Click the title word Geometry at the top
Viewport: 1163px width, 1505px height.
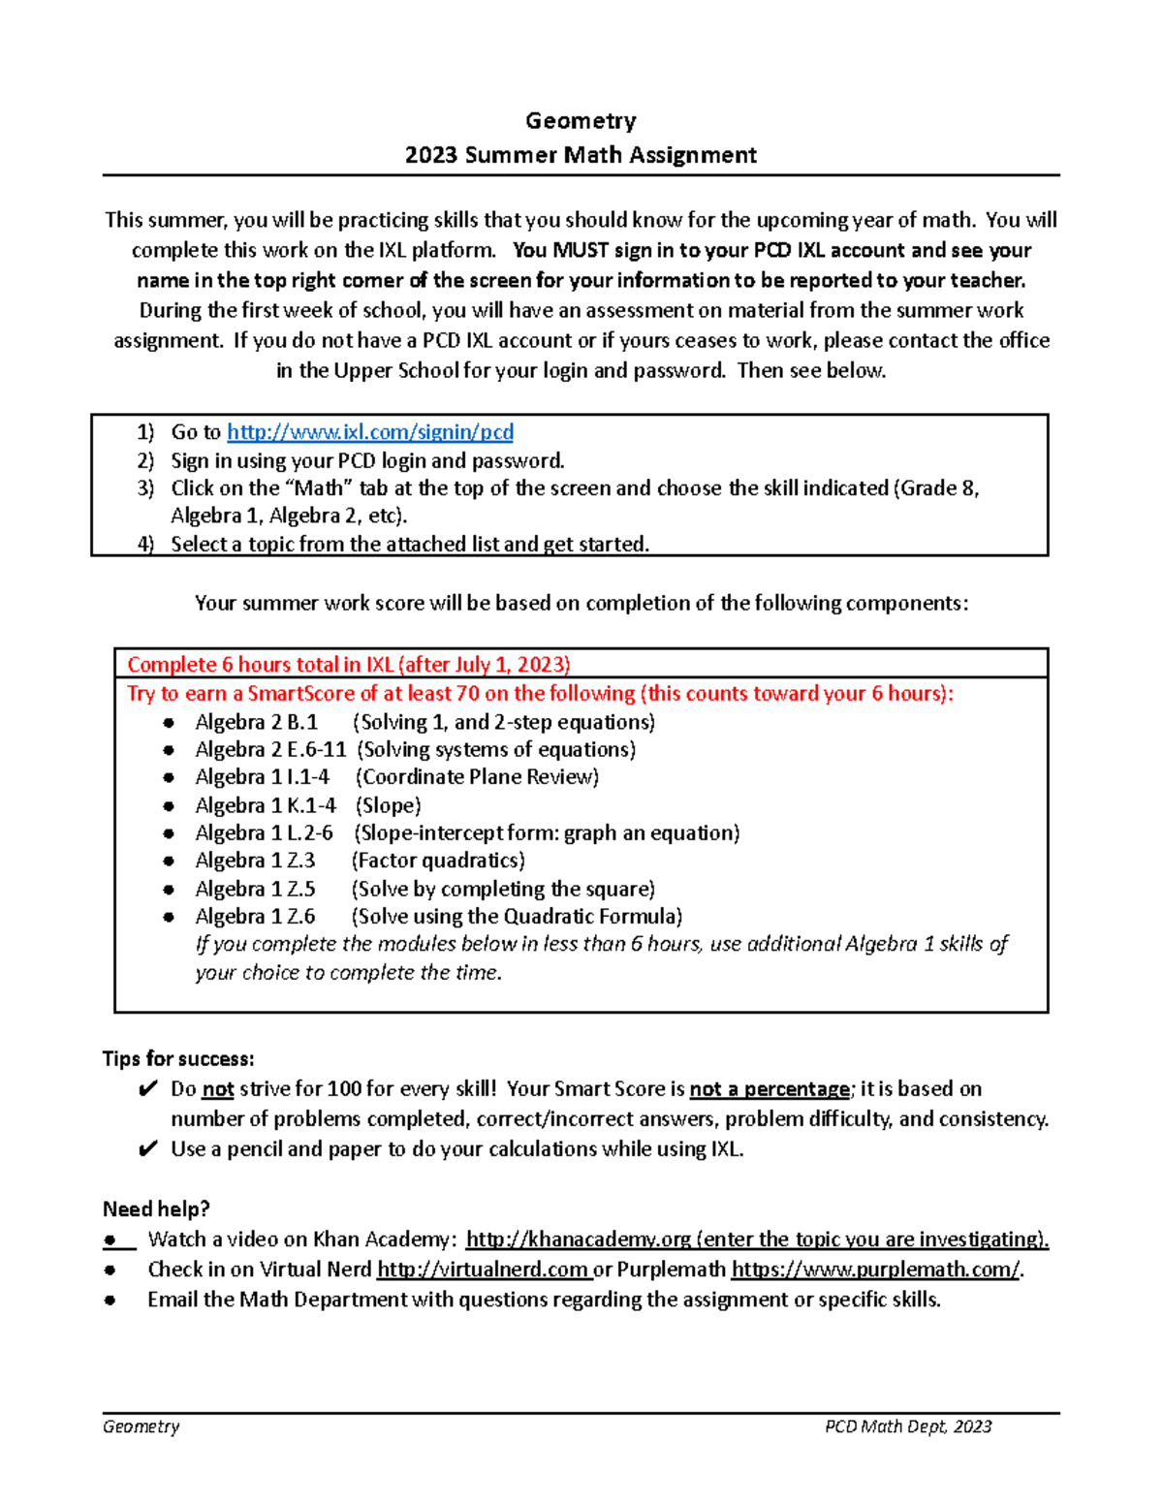(581, 121)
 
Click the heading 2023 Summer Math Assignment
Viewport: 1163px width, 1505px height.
(581, 155)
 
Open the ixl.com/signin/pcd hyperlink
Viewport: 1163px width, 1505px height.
(369, 432)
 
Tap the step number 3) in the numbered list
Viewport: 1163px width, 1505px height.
(145, 488)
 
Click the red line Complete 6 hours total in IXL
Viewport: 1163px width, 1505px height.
(349, 665)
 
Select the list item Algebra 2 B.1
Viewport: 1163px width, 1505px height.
(256, 723)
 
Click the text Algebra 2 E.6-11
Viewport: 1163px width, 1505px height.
(270, 750)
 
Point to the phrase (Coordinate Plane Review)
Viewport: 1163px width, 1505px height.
(477, 777)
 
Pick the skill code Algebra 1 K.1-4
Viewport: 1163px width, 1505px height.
(266, 806)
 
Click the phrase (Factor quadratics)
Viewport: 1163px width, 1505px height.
(438, 861)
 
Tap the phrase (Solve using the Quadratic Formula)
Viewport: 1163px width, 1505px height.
(517, 917)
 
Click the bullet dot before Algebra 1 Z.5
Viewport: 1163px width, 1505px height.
(170, 890)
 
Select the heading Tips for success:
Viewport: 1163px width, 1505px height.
(178, 1059)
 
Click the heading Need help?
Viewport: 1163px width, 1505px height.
(156, 1209)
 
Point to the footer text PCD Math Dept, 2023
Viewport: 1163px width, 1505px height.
(908, 1427)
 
